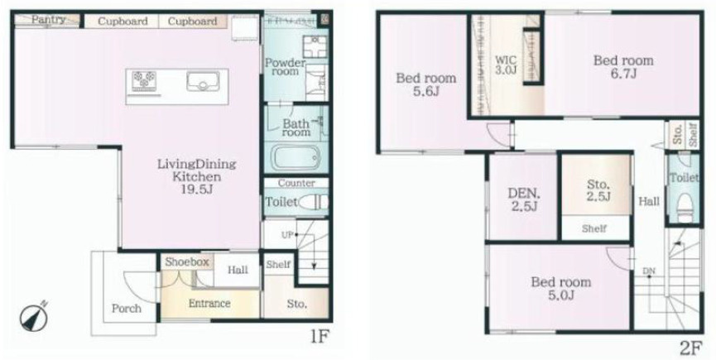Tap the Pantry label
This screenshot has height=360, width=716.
click(48, 20)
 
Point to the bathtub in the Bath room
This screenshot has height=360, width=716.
click(296, 157)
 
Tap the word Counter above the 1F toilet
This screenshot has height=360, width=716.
click(296, 183)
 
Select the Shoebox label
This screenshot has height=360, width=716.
click(187, 262)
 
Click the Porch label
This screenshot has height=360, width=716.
click(127, 309)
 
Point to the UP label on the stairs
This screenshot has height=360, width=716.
click(288, 234)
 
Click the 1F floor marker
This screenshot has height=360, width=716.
click(320, 337)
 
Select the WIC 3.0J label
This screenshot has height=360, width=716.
click(507, 65)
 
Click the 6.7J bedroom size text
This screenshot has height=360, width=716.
click(624, 74)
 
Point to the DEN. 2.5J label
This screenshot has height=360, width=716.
click(523, 199)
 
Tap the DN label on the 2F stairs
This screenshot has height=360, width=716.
click(649, 271)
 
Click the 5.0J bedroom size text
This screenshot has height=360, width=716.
click(560, 295)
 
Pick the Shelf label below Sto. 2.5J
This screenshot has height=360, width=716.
click(594, 229)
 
